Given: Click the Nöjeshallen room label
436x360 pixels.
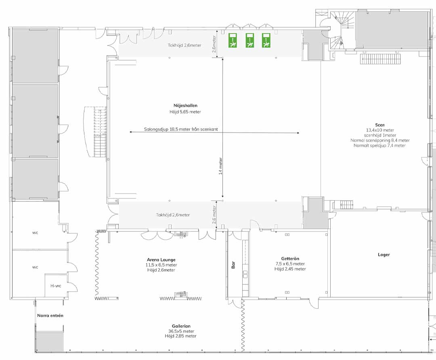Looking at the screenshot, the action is click(x=185, y=105).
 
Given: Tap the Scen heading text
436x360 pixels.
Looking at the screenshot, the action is click(x=380, y=125).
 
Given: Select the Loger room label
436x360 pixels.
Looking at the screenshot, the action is click(x=384, y=255).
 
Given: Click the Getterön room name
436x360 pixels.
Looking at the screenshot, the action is click(x=290, y=259).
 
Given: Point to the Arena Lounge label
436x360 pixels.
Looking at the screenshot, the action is click(x=161, y=260).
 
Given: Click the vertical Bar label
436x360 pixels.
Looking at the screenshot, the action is click(x=233, y=265).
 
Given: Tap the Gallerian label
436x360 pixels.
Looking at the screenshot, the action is click(x=181, y=326).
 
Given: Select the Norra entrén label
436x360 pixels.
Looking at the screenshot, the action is click(x=50, y=316).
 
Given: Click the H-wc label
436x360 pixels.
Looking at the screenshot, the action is click(x=56, y=286).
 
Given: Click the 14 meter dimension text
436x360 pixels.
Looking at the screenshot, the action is click(x=220, y=166).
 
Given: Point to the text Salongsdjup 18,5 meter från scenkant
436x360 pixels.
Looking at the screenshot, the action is click(x=181, y=129).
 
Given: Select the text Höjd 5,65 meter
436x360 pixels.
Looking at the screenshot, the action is click(x=185, y=112).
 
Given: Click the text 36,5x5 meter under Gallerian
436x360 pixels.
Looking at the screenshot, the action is click(x=181, y=331).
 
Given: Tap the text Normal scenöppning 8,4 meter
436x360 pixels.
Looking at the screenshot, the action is click(x=380, y=141).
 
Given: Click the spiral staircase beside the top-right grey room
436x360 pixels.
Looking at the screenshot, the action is click(x=342, y=29).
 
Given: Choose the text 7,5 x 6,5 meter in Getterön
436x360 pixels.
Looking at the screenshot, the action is click(x=290, y=264).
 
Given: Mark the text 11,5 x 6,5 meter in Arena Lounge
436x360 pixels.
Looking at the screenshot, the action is click(x=161, y=265).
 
